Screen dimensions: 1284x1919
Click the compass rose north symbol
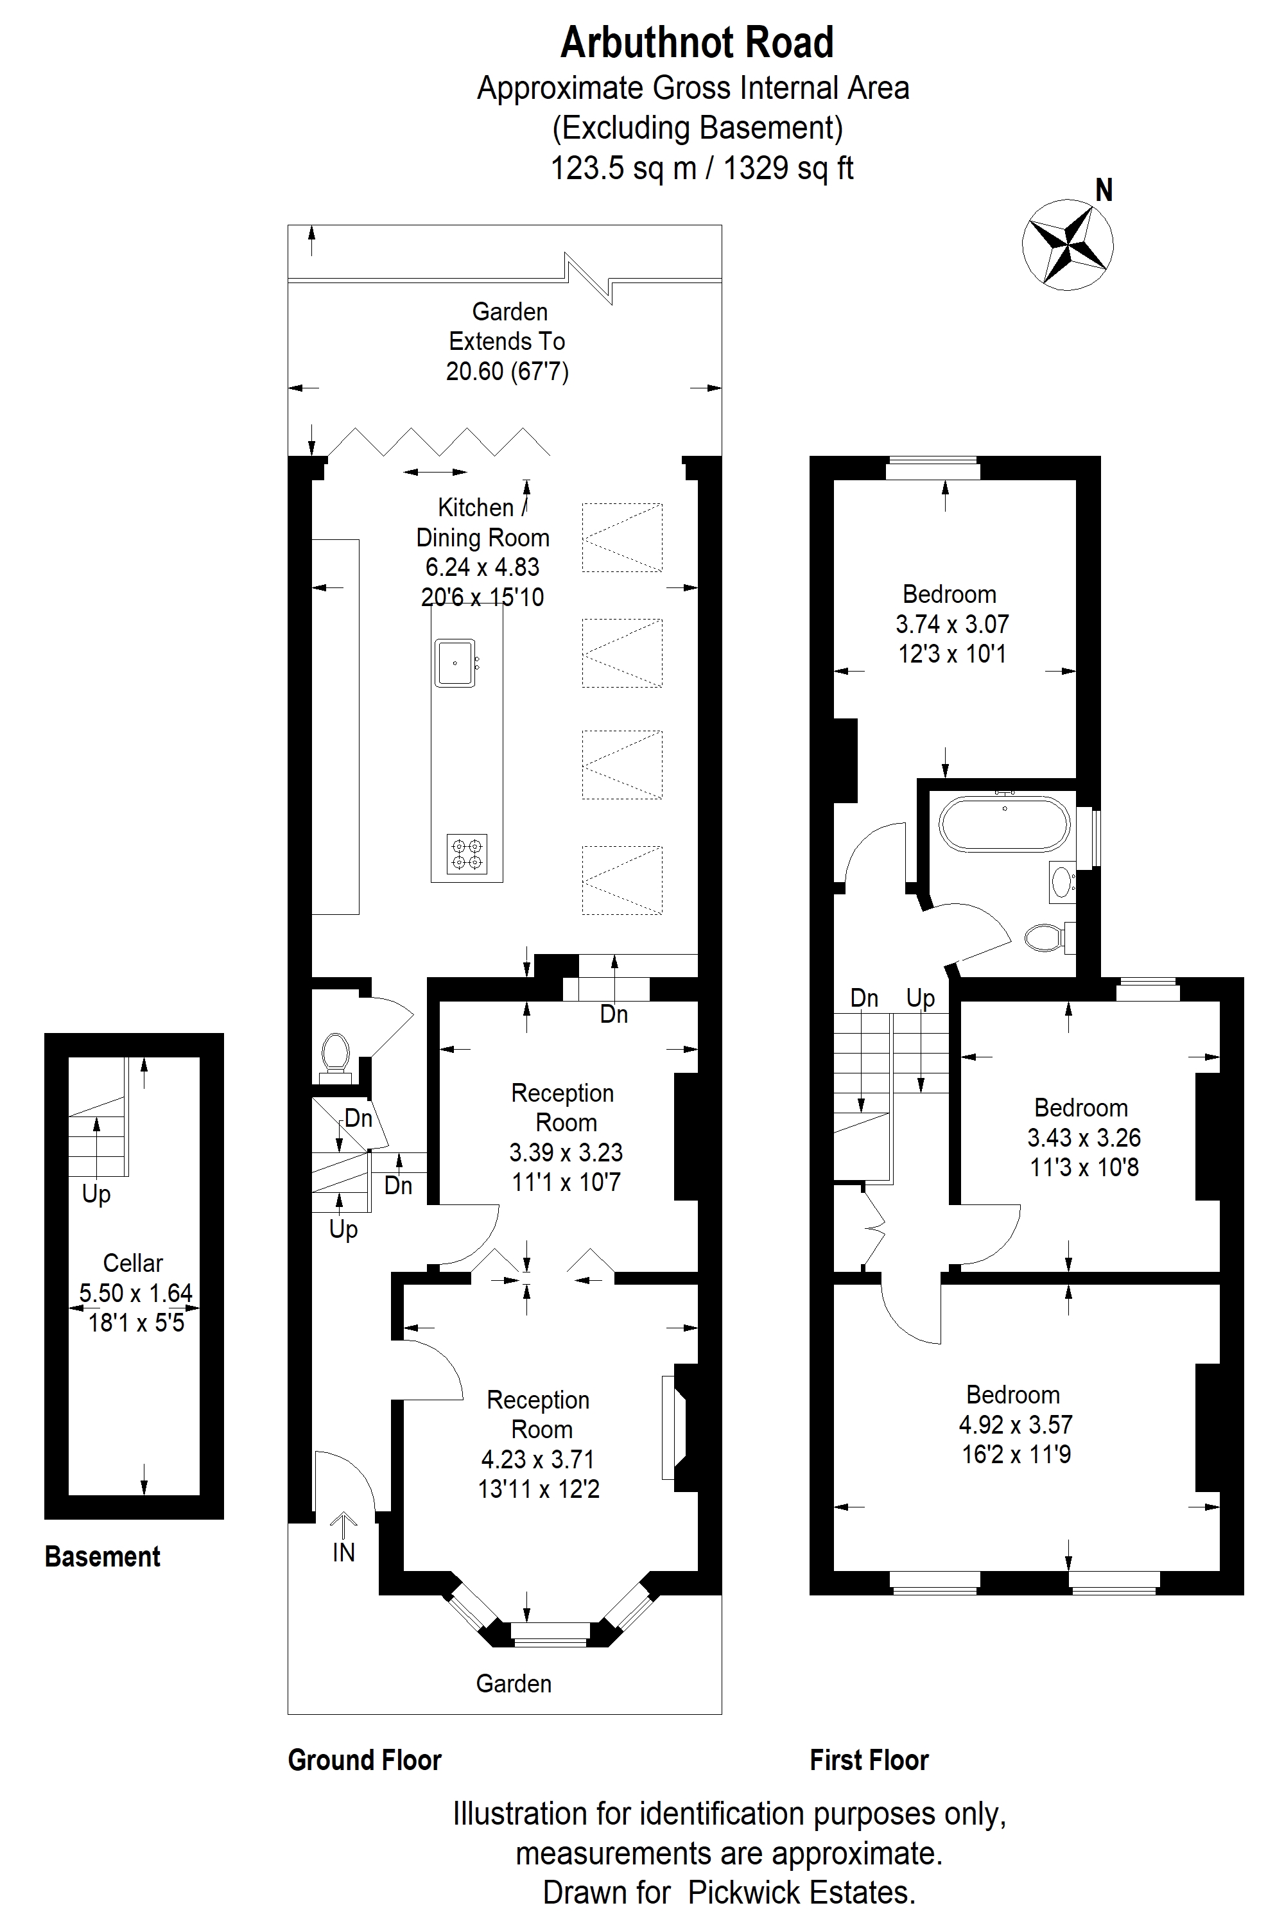pyautogui.click(x=1068, y=243)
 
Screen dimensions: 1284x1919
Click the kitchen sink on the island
pyautogui.click(x=455, y=663)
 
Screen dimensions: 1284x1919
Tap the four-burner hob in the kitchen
pyautogui.click(x=467, y=854)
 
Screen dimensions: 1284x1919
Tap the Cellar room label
pyautogui.click(x=133, y=1263)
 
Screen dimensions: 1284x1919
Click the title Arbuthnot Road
pyautogui.click(x=697, y=42)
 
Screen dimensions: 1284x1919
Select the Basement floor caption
pyautogui.click(x=102, y=1556)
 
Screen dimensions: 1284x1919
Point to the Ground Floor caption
pyautogui.click(x=365, y=1760)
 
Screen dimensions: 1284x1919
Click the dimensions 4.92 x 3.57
pyautogui.click(x=1016, y=1425)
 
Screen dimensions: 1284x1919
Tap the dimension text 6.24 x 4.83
pyautogui.click(x=482, y=568)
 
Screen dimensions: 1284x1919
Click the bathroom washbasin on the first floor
pyautogui.click(x=1061, y=881)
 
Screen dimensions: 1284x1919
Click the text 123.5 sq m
pyautogui.click(x=623, y=169)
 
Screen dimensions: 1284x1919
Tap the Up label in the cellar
pyautogui.click(x=96, y=1195)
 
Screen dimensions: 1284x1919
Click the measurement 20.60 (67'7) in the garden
pyautogui.click(x=507, y=372)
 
